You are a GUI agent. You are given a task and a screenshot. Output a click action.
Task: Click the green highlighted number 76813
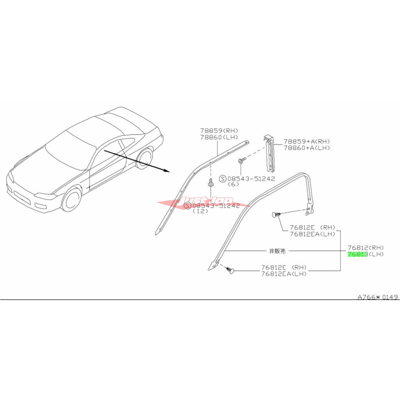pyautogui.click(x=357, y=254)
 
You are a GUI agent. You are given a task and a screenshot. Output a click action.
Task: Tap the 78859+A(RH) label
pyautogui.click(x=307, y=141)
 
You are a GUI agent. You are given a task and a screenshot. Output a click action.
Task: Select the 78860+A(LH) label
pyautogui.click(x=307, y=148)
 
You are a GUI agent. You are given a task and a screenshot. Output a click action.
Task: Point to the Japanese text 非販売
pyautogui.click(x=277, y=251)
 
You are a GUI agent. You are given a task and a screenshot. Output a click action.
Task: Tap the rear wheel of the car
pyautogui.click(x=144, y=157)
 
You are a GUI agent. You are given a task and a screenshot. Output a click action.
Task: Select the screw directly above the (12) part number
pyautogui.click(x=211, y=183)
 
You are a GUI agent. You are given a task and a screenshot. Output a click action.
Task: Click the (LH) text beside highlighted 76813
pyautogui.click(x=376, y=254)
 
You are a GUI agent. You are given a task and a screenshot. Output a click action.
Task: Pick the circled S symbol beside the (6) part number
pyautogui.click(x=223, y=179)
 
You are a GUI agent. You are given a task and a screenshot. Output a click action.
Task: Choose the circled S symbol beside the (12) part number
pyautogui.click(x=187, y=205)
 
